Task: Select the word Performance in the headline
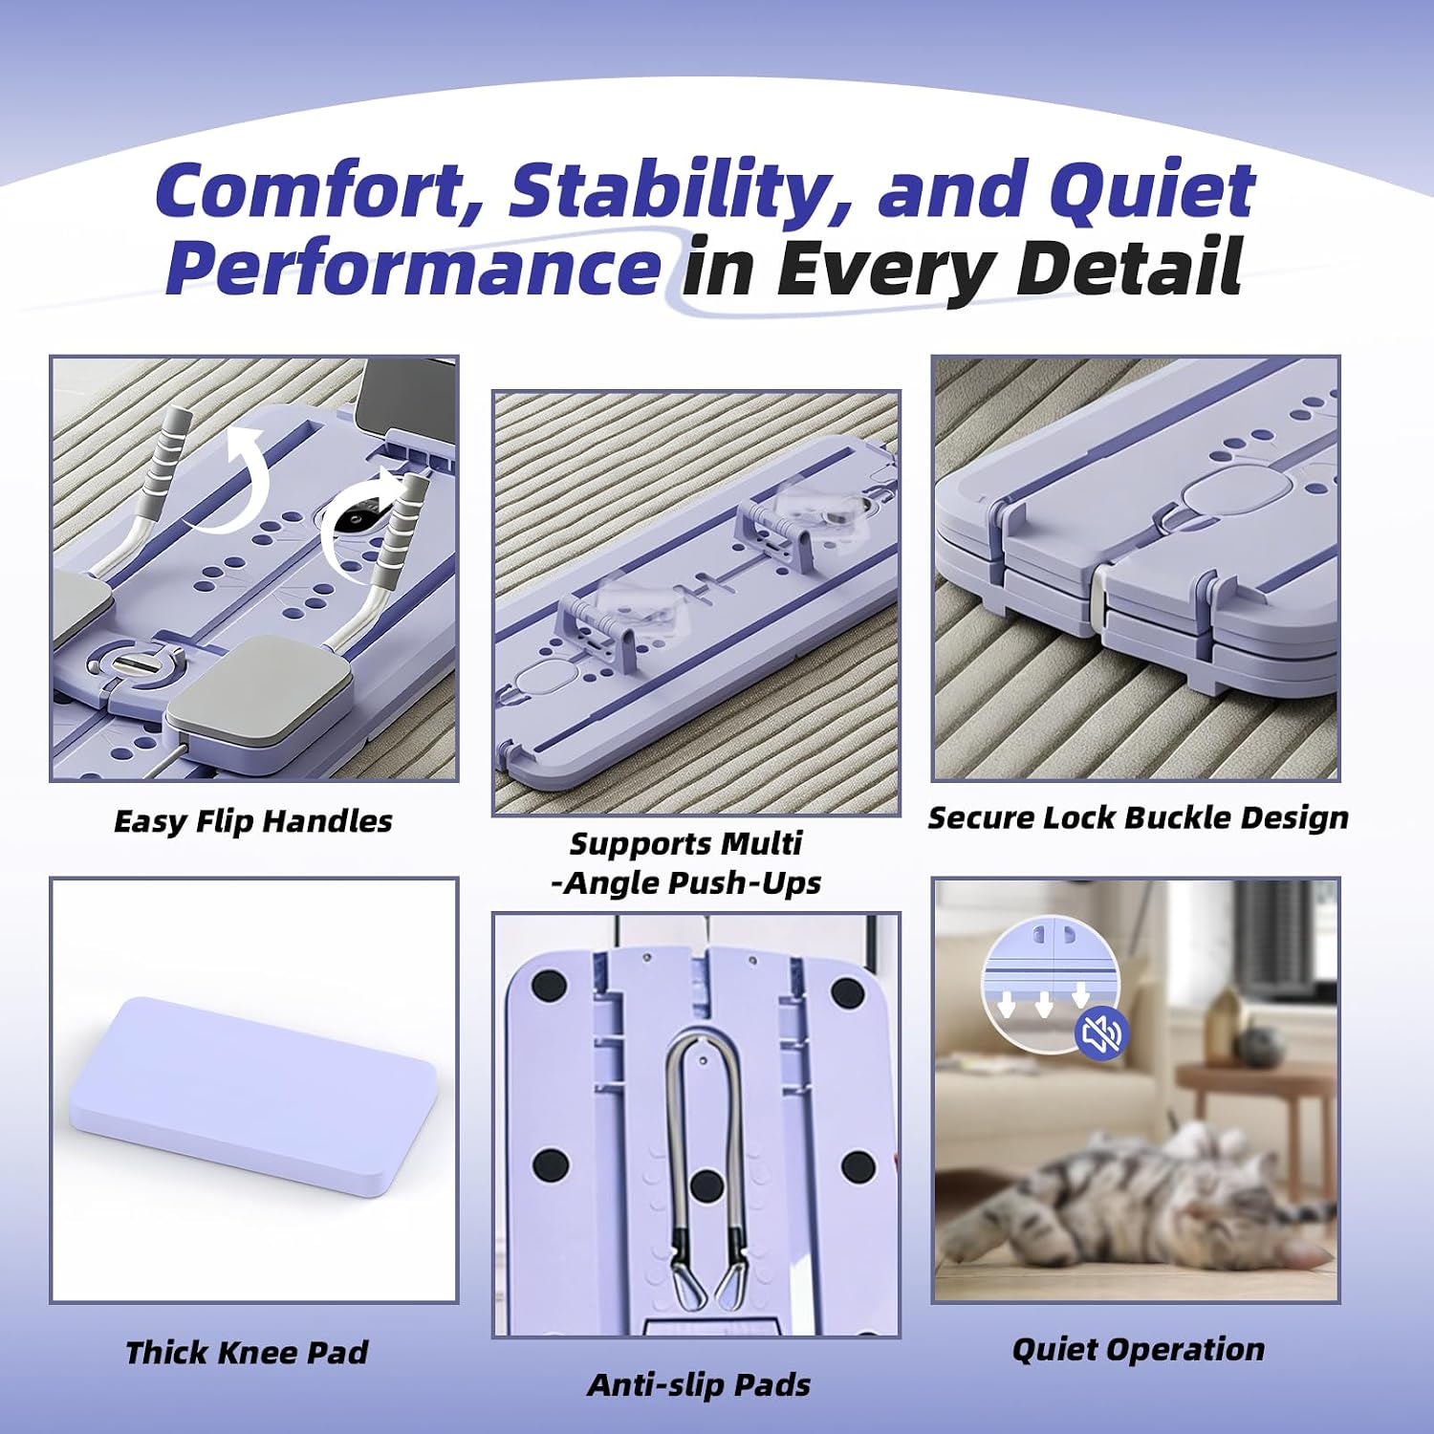412,270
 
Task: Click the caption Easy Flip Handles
253,821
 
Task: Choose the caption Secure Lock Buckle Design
1138,818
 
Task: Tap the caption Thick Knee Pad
247,1353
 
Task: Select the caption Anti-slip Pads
699,1385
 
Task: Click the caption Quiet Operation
1138,1350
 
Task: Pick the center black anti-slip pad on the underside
706,1186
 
